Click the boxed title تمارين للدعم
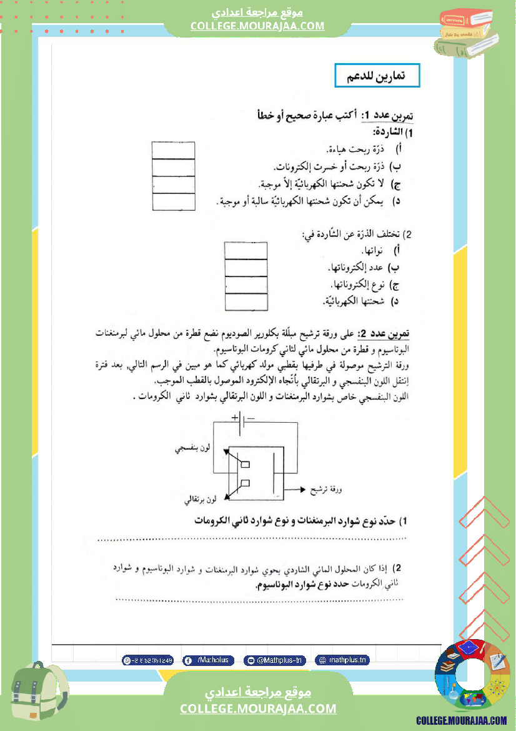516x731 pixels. (377, 75)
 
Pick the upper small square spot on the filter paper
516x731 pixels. (246, 464)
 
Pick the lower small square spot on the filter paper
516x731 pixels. (246, 483)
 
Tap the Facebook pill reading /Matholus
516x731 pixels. (209, 660)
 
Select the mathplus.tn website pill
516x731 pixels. (341, 660)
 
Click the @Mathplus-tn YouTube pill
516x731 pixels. (274, 660)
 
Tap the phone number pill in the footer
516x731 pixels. (148, 660)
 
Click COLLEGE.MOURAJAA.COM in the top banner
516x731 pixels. (257, 26)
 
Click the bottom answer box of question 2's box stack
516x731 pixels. (246, 302)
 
